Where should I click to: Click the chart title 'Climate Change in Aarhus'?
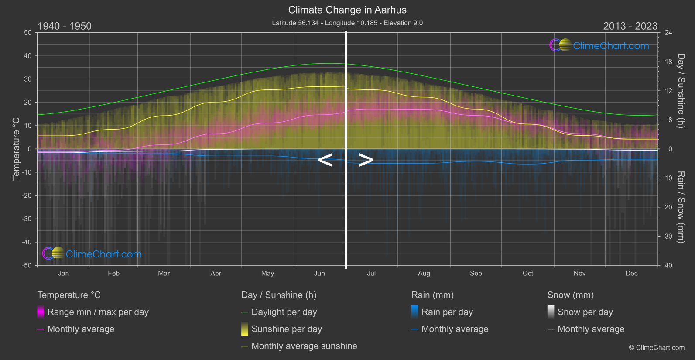[x=347, y=10]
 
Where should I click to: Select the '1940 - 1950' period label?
[x=65, y=26]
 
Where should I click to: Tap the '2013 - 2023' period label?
[x=630, y=26]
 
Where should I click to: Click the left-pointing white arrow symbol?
[x=325, y=160]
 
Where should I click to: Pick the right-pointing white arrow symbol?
[x=366, y=160]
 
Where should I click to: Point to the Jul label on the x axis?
[x=371, y=274]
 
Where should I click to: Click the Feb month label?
[x=113, y=274]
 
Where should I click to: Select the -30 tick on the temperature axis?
[x=27, y=219]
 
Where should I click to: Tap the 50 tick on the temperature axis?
[x=28, y=33]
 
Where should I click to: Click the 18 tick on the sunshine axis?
[x=668, y=62]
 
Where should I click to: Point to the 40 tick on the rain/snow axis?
[x=668, y=265]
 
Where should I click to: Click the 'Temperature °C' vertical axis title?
[x=16, y=148]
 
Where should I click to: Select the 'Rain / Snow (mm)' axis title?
[x=681, y=207]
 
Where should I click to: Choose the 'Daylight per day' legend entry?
[x=284, y=312]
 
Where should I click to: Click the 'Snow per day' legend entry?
[x=585, y=312]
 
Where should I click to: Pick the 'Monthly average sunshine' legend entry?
[x=304, y=346]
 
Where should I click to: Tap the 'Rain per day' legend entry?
[x=447, y=312]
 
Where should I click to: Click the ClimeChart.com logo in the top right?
[x=599, y=45]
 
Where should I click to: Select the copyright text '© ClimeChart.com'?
[x=657, y=348]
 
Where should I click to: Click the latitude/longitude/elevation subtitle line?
[x=347, y=23]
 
